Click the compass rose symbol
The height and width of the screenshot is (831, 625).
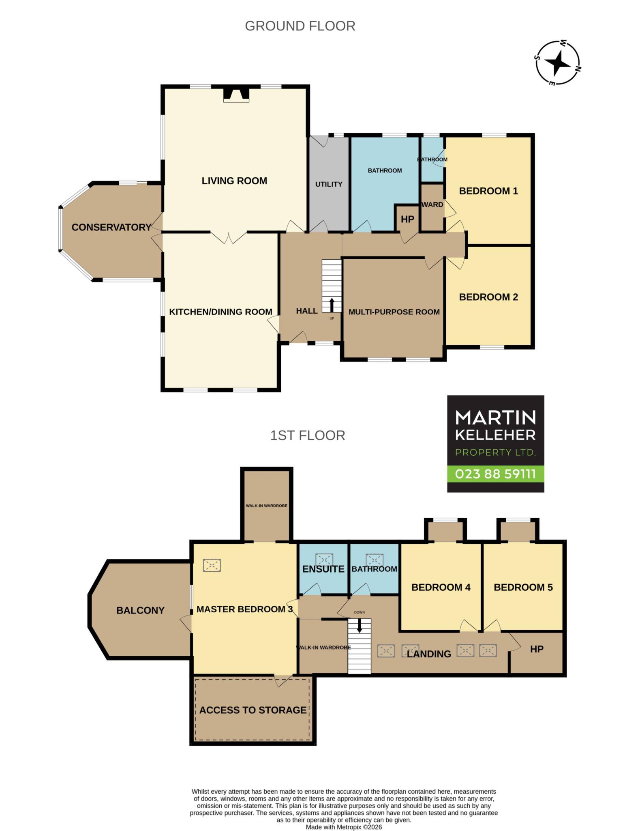[x=558, y=63]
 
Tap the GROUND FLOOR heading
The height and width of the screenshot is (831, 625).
[x=300, y=26]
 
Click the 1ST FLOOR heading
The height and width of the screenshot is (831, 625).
[x=308, y=435]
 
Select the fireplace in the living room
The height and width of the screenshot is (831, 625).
[x=236, y=95]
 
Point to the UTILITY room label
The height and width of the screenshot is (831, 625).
[x=329, y=184]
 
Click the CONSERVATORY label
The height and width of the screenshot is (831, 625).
[x=111, y=227]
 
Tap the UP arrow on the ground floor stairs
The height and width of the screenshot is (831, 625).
[x=332, y=305]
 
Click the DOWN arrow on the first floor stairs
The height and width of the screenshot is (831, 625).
[x=359, y=626]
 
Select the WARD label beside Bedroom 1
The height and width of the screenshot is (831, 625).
[x=432, y=205]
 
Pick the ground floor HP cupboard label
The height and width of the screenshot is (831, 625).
[x=407, y=219]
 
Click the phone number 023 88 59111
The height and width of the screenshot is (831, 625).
[x=495, y=474]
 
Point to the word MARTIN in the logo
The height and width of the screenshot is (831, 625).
[x=495, y=417]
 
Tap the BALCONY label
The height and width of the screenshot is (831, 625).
[x=140, y=610]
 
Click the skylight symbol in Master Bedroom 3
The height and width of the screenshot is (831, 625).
[x=212, y=565]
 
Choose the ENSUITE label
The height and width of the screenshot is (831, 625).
[x=323, y=569]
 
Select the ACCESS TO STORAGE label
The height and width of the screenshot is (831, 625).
[x=253, y=710]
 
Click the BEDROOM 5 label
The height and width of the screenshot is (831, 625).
[x=523, y=587]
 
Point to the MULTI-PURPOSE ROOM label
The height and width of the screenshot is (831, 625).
[x=394, y=312]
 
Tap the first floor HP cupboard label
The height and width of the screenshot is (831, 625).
[x=537, y=649]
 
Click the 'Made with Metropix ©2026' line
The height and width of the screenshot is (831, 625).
[x=344, y=827]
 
